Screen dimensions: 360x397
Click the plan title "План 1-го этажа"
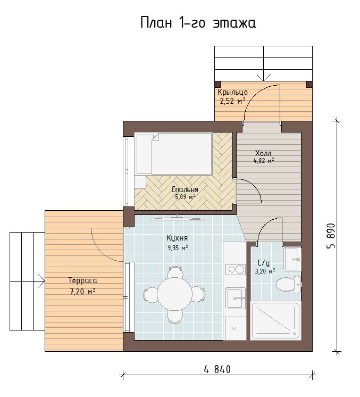198,22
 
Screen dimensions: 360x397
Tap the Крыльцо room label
232,92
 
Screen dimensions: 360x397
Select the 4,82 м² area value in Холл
264,160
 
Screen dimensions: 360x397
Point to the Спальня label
185,189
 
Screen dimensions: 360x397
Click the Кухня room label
177,238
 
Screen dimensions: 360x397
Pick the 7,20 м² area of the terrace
82,292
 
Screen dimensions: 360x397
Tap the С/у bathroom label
264,262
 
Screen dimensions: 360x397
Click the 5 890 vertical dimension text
331,236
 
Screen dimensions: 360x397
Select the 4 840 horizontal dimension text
217,369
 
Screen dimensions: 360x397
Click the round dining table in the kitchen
175,294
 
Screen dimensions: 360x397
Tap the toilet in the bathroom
288,284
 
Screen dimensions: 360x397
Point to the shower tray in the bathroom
275,321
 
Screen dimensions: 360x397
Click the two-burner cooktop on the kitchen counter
235,269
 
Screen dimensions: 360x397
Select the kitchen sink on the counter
236,298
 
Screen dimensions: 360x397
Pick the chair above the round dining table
175,272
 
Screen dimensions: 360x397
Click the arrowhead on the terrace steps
41,281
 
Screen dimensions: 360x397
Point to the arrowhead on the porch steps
264,77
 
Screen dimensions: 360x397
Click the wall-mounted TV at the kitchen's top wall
177,218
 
